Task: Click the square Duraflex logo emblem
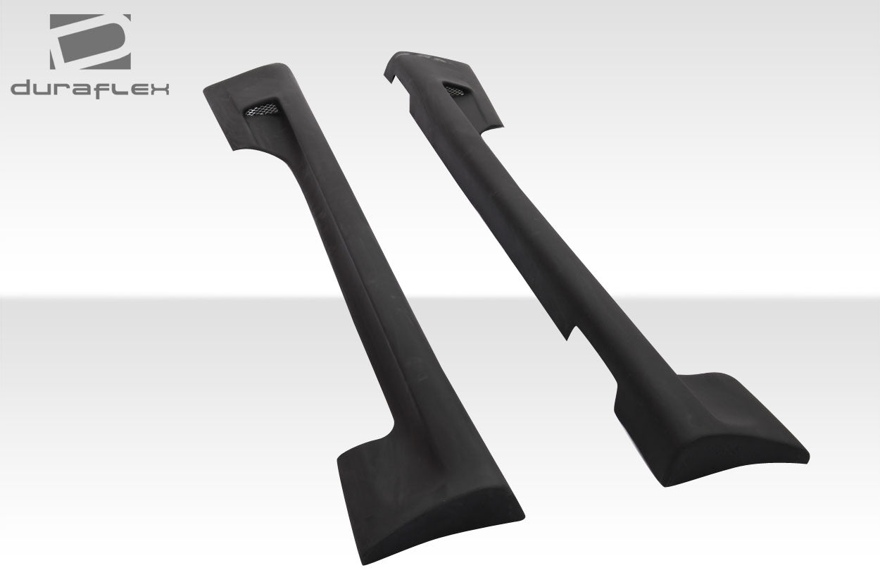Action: (x=89, y=42)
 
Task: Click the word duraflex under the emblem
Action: (x=89, y=88)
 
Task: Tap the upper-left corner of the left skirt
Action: (x=206, y=90)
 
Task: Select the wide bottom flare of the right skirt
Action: (x=711, y=430)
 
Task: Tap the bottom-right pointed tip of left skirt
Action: (x=522, y=512)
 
